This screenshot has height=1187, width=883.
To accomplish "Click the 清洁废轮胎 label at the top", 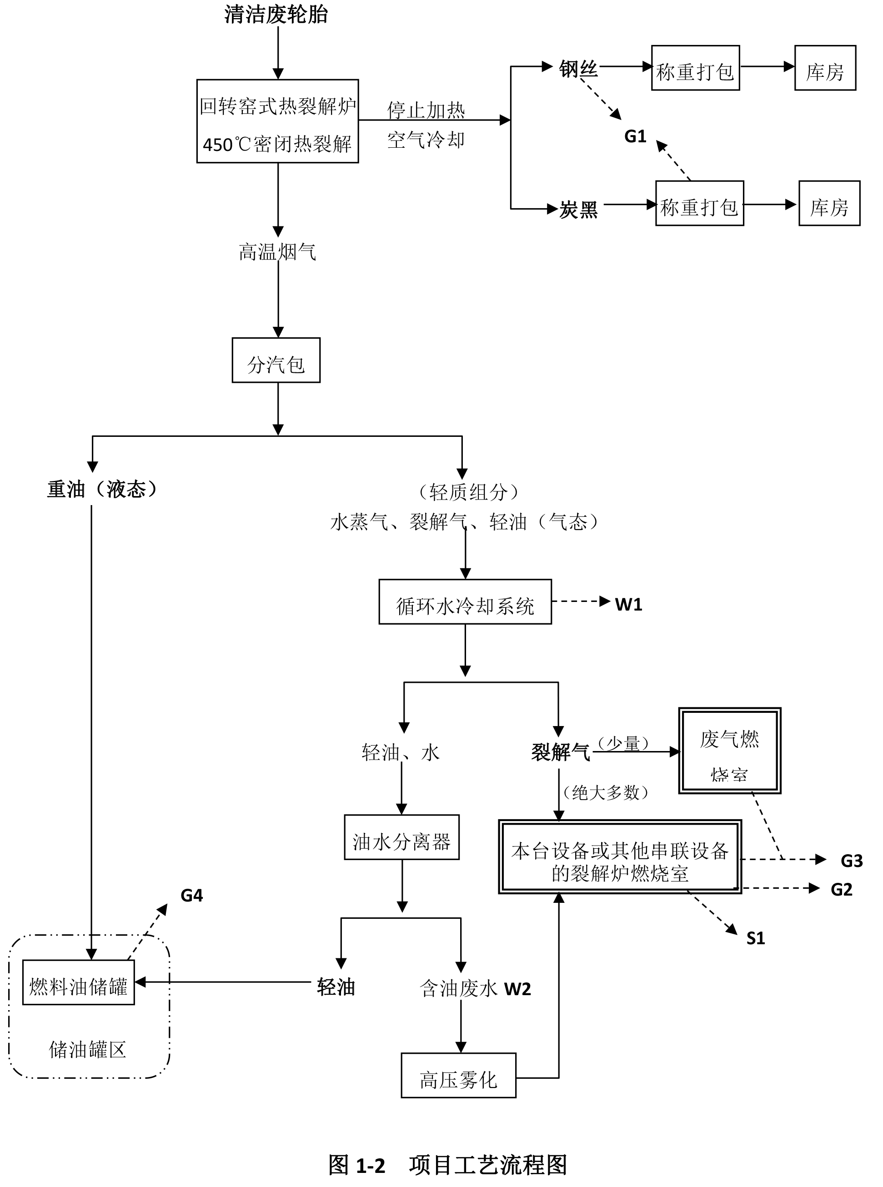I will pos(276,15).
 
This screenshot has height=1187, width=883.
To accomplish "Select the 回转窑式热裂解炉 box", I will pos(277,121).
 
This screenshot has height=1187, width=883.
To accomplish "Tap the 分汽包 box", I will pos(276,360).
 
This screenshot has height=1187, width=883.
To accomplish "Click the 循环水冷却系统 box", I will pos(465,602).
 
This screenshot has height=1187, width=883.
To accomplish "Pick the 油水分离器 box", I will pos(401,837).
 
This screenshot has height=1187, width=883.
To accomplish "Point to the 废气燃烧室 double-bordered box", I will pos(730,751).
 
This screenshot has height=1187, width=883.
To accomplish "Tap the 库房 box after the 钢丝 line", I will pos(825,68).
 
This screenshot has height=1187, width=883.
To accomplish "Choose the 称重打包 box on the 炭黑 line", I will pos(699,204).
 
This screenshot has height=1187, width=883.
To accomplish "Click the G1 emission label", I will pos(635,137).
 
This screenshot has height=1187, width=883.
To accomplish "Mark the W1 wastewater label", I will pos(628,605).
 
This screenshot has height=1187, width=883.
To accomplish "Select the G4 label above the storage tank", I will pos(191,895).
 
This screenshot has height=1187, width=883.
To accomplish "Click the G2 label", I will pos(841,889).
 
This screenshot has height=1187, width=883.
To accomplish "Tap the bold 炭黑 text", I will pos(578,210).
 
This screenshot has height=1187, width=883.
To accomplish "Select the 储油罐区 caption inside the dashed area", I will pos(88,1050).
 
